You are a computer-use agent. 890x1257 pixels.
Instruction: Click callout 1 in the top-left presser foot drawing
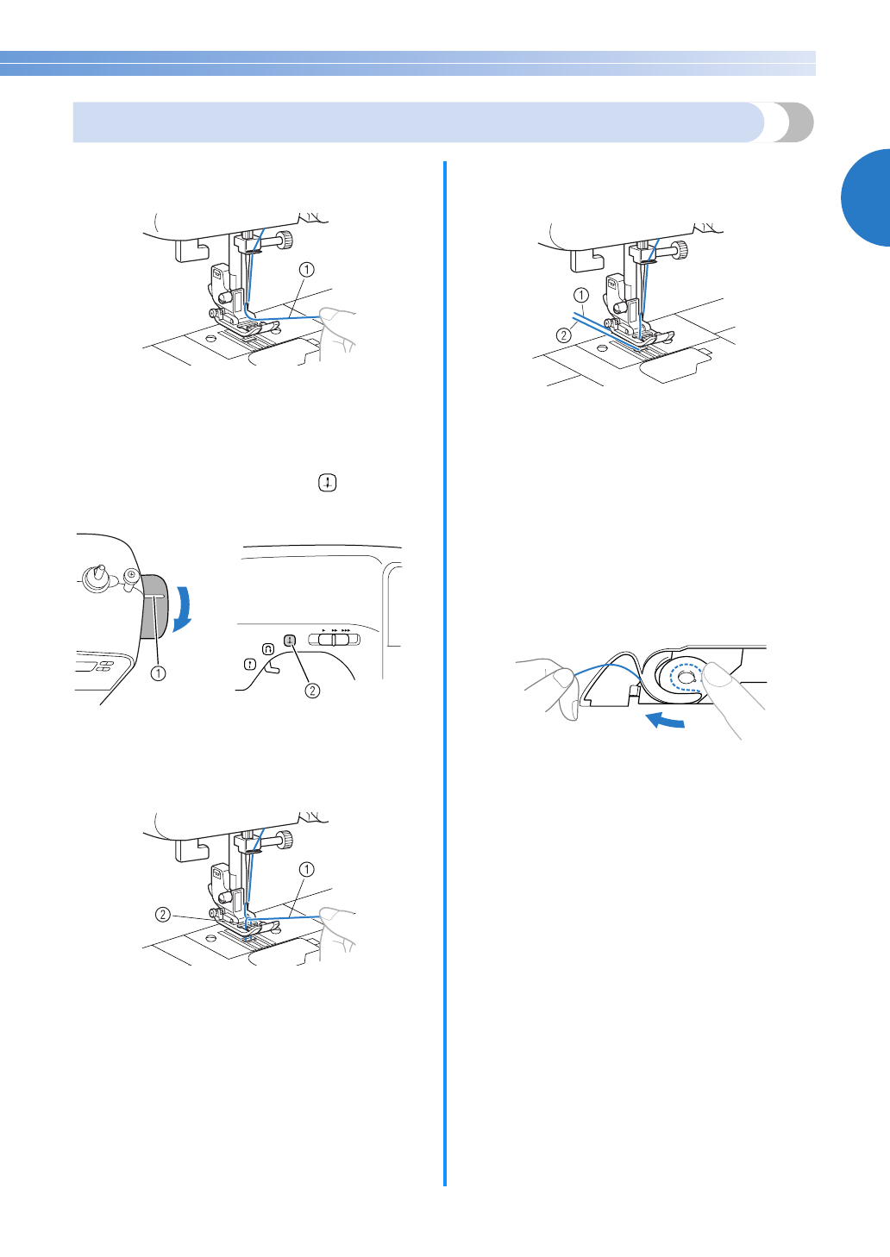coord(306,269)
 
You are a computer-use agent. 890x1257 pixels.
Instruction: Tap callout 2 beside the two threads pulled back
coord(563,335)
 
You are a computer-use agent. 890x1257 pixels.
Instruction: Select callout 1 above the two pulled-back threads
coord(581,295)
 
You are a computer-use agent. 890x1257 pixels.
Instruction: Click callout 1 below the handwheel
coord(159,672)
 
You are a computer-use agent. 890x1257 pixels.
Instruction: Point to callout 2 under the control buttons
coord(312,691)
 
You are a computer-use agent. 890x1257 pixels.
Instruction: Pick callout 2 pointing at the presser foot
coord(163,915)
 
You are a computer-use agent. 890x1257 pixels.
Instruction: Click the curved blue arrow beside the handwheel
coord(182,609)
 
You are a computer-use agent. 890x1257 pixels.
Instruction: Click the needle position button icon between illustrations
coord(328,483)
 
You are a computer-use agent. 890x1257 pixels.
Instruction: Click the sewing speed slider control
coord(335,639)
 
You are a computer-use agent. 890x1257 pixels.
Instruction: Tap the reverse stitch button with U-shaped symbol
coord(267,649)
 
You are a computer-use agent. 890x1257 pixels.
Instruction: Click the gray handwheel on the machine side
coord(154,606)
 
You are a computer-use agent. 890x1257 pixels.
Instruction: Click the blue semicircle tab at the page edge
coord(865,197)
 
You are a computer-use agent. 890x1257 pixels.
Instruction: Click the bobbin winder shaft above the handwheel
coord(97,579)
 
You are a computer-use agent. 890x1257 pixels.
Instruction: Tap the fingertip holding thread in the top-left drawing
coord(332,317)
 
